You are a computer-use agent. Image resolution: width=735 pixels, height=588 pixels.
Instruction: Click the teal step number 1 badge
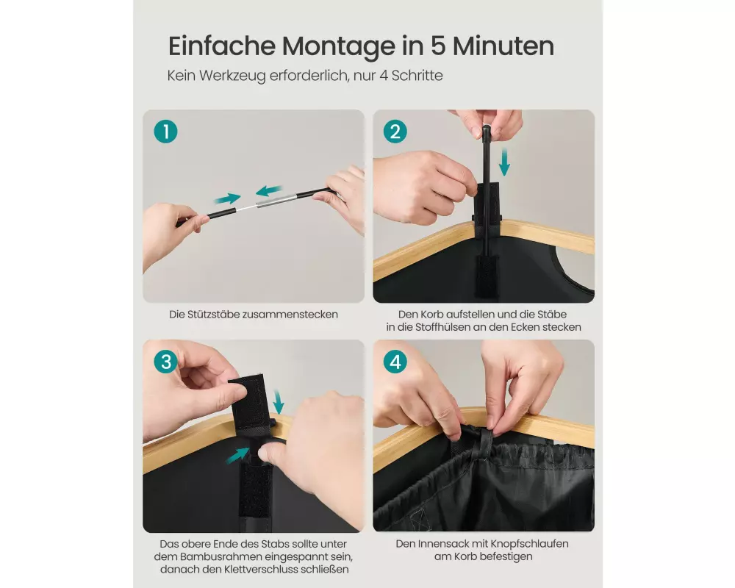tap(165, 132)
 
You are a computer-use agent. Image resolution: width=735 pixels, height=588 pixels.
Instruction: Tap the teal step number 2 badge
tap(395, 132)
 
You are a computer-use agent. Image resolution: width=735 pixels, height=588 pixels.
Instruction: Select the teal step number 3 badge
tap(165, 362)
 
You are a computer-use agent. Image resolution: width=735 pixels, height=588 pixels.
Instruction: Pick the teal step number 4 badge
tap(395, 362)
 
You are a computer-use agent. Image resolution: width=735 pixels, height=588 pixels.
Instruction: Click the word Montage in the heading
tap(339, 47)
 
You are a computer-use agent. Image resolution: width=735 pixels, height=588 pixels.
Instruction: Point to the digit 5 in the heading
tap(437, 46)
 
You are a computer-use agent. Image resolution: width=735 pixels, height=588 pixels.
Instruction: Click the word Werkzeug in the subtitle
tap(232, 76)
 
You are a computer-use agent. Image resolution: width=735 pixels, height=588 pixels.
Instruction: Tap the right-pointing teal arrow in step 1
tap(227, 198)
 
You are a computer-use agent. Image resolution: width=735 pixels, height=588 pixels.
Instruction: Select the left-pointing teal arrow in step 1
tap(269, 191)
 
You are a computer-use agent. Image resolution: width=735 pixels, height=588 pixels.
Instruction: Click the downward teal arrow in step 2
tap(504, 162)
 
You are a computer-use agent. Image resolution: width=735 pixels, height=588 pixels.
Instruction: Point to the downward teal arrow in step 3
tap(279, 401)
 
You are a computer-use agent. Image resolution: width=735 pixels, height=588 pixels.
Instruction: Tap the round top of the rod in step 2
tap(486, 129)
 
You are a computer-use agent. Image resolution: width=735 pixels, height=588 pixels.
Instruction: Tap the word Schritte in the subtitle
tap(417, 76)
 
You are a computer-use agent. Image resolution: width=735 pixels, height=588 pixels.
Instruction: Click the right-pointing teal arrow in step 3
tap(237, 455)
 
